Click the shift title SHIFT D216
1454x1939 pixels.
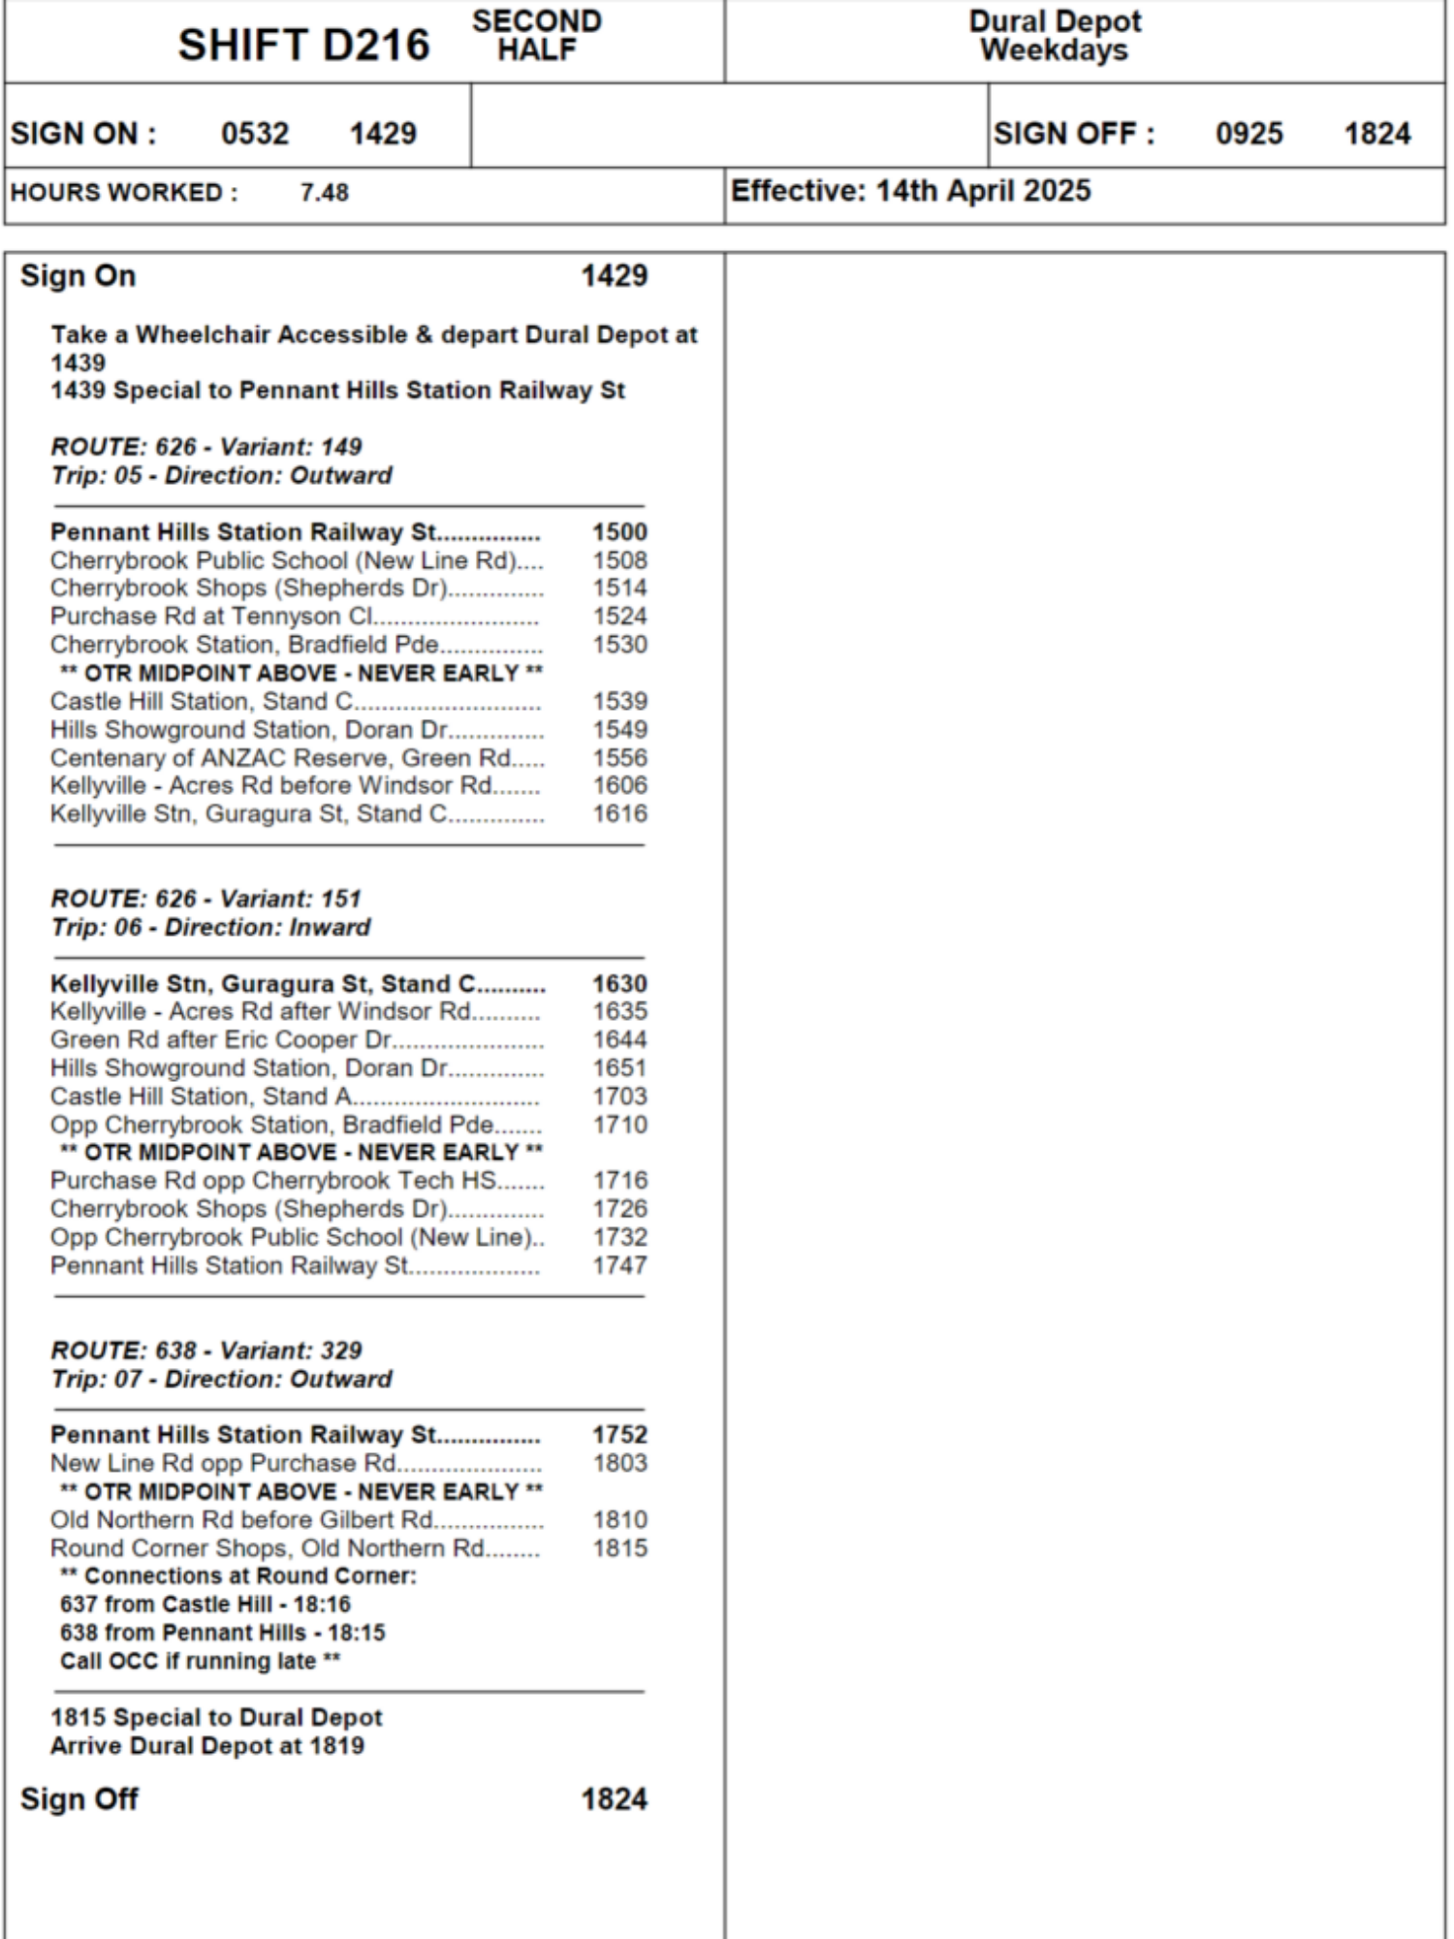303,45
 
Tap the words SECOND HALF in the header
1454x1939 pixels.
536,35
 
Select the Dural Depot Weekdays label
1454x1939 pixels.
1055,35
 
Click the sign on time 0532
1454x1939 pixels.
255,133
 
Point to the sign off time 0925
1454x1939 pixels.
1249,133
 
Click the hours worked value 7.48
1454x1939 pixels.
324,192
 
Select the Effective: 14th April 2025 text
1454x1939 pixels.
910,191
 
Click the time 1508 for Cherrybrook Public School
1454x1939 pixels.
619,560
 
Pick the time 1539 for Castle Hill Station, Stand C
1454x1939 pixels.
619,701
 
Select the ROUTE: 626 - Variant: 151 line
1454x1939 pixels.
205,899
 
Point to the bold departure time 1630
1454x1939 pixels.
619,984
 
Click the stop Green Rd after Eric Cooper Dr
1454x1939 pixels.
221,1040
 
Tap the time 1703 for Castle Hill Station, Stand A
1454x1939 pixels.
619,1097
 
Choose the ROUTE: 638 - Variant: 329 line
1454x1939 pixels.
205,1351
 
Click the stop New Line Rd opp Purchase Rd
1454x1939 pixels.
223,1463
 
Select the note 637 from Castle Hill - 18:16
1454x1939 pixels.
205,1605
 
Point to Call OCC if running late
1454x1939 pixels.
200,1662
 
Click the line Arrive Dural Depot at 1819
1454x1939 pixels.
206,1746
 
